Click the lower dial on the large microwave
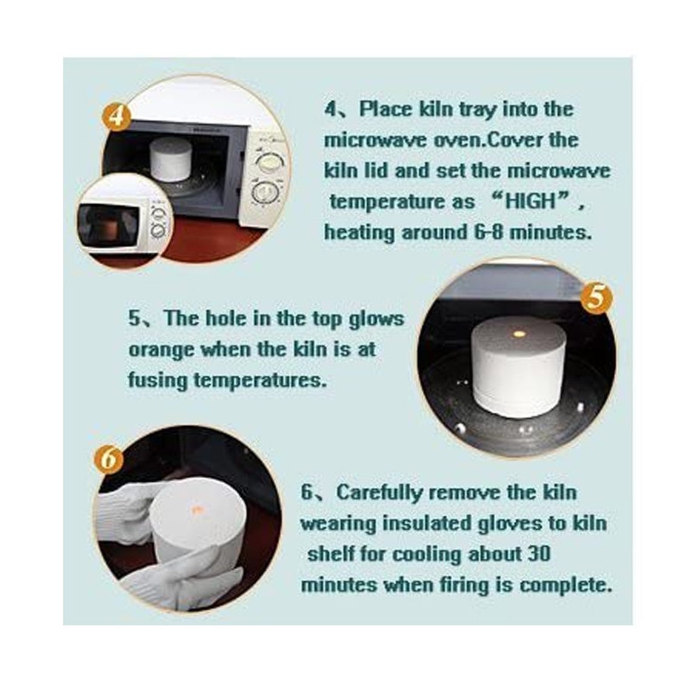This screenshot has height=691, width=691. point(264,193)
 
